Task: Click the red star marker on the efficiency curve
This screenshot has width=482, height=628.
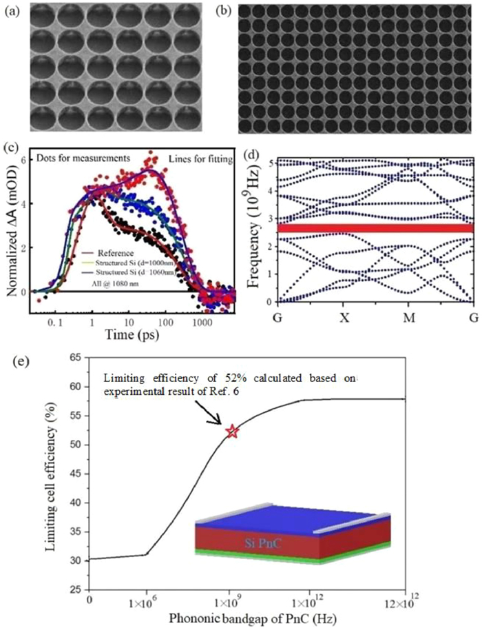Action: click(x=232, y=432)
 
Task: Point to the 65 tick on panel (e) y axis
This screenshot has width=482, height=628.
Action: click(x=75, y=357)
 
